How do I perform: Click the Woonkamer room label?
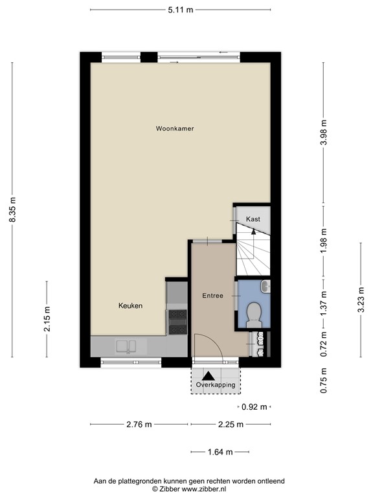[x=175, y=128]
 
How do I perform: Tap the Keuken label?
[x=130, y=305]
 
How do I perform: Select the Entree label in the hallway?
[x=212, y=296]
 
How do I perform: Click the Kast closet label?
[x=253, y=219]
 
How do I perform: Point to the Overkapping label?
[x=216, y=385]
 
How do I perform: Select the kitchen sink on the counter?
[x=126, y=345]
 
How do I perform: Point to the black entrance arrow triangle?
[x=209, y=374]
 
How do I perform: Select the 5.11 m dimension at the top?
[x=181, y=10]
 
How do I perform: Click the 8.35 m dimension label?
[x=12, y=209]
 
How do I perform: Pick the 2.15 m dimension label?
[x=47, y=319]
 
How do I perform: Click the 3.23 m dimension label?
[x=360, y=300]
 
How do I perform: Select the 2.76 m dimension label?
[x=139, y=425]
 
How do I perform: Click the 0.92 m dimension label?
[x=253, y=407]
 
